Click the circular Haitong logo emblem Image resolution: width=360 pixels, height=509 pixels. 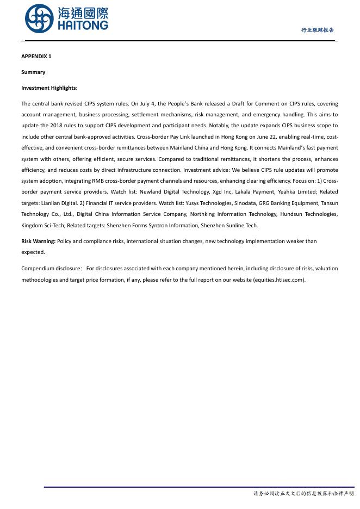39,18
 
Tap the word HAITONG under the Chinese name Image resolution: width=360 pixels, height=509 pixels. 83,25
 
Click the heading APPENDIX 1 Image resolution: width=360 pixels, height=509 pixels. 36,57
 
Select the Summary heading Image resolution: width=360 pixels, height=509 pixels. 33,72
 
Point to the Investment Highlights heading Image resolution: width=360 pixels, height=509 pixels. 49,88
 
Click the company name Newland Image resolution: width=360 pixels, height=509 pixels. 151,192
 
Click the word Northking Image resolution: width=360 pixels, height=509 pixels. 202,214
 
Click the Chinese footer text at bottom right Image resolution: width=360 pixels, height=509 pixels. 303,494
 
